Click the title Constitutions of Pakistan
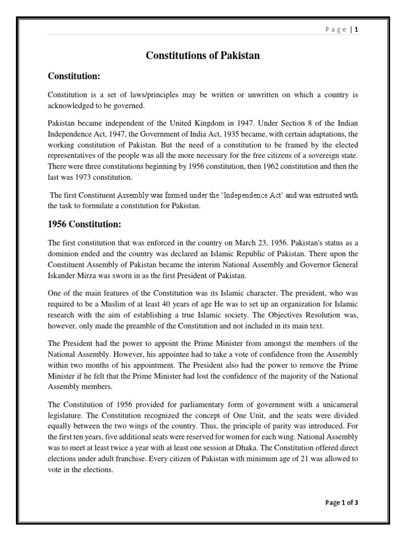(x=203, y=55)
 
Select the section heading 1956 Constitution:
(x=85, y=225)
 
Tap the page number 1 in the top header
(x=356, y=30)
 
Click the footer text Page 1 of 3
(x=342, y=502)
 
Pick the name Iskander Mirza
(x=70, y=275)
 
